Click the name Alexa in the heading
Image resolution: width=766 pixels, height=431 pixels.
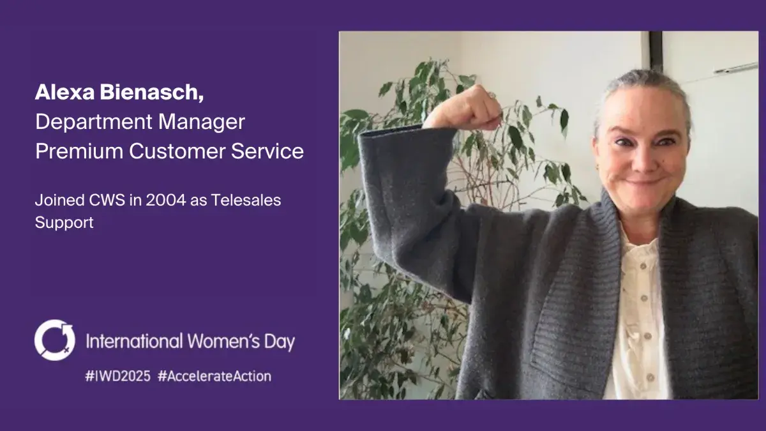point(64,92)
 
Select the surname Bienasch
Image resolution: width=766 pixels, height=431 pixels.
point(151,93)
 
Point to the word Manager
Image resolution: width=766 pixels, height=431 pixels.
point(202,122)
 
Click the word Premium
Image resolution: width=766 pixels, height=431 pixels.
point(79,151)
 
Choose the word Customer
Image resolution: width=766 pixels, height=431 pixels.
point(177,151)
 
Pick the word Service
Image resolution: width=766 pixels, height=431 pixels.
point(267,151)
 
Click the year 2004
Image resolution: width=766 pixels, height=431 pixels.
point(166,200)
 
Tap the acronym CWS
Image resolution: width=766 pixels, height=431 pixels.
point(107,200)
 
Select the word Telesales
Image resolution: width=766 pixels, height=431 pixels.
point(246,200)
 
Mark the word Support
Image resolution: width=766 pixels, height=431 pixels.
point(64,223)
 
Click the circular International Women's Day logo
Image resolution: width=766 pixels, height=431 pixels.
point(55,340)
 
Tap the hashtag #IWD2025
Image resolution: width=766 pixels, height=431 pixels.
point(117,376)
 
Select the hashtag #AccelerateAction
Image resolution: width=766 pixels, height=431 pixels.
point(214,376)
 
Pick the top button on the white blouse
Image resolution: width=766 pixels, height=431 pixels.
point(643,266)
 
